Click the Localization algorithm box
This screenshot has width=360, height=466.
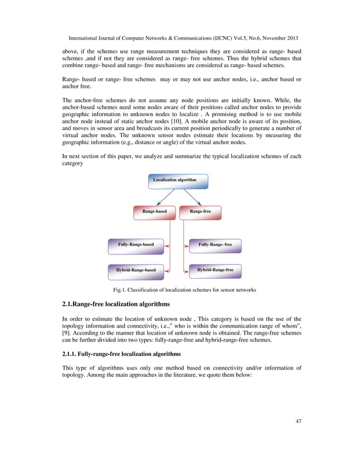pyautogui.click(x=178, y=181)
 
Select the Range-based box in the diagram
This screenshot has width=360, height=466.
pyautogui.click(x=154, y=212)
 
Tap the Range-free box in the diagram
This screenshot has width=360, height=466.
pyautogui.click(x=200, y=212)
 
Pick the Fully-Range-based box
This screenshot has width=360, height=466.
pyautogui.click(x=135, y=245)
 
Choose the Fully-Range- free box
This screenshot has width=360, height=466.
pyautogui.click(x=215, y=245)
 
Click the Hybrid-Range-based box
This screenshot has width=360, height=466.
pyautogui.click(x=135, y=271)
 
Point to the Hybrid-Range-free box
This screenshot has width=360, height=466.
pyautogui.click(x=215, y=271)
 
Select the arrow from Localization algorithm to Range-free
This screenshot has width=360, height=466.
pyautogui.click(x=193, y=197)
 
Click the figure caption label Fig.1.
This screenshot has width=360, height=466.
pyautogui.click(x=120, y=290)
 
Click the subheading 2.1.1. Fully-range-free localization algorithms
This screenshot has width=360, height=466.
pyautogui.click(x=121, y=354)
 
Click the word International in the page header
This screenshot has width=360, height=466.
pyautogui.click(x=85, y=38)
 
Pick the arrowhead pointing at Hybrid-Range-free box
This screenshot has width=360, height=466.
pyautogui.click(x=187, y=271)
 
